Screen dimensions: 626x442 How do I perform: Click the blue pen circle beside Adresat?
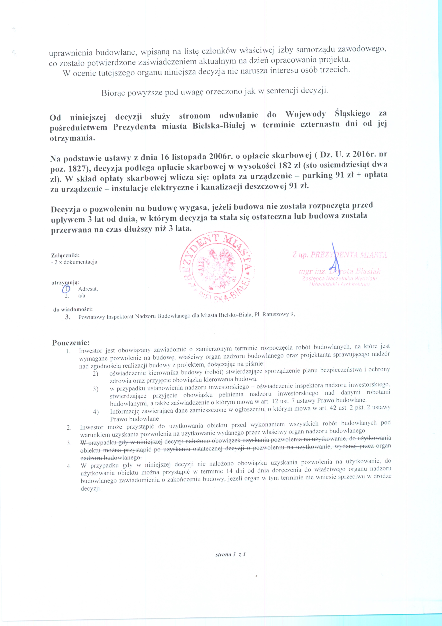coord(66,289)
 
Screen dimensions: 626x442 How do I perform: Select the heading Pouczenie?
coord(71,342)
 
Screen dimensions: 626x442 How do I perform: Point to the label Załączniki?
coord(65,255)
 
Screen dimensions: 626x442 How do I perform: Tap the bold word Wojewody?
coord(305,114)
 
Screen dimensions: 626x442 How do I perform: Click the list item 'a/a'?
coord(82,296)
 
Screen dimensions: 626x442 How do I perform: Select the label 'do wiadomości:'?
coord(73,309)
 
